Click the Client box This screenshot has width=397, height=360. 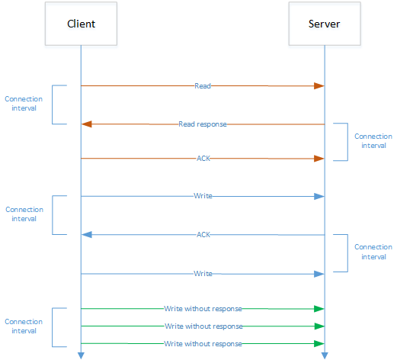pos(80,24)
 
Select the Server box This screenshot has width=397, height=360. pos(324,24)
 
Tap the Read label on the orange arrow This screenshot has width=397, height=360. pos(203,86)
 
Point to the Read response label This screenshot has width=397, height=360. pos(203,124)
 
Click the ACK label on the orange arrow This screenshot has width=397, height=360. pos(203,159)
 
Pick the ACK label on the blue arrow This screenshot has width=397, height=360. pos(203,235)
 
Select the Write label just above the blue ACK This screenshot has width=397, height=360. pos(203,196)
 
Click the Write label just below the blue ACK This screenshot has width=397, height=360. pos(203,273)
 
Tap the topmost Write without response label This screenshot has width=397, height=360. pos(203,309)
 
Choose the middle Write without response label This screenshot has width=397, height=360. pos(203,326)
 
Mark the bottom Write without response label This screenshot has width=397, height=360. pos(203,344)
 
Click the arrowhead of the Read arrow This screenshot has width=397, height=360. pos(320,86)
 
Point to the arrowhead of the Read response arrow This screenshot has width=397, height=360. pos(86,124)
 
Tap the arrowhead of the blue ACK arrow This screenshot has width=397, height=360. pos(86,235)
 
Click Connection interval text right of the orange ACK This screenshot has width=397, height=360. pos(373,141)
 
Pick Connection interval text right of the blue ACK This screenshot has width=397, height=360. pos(373,252)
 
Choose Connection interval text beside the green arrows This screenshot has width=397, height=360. pos(24,326)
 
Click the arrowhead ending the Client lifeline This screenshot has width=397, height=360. pos(80,355)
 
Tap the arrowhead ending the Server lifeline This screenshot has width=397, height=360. pos(324,355)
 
